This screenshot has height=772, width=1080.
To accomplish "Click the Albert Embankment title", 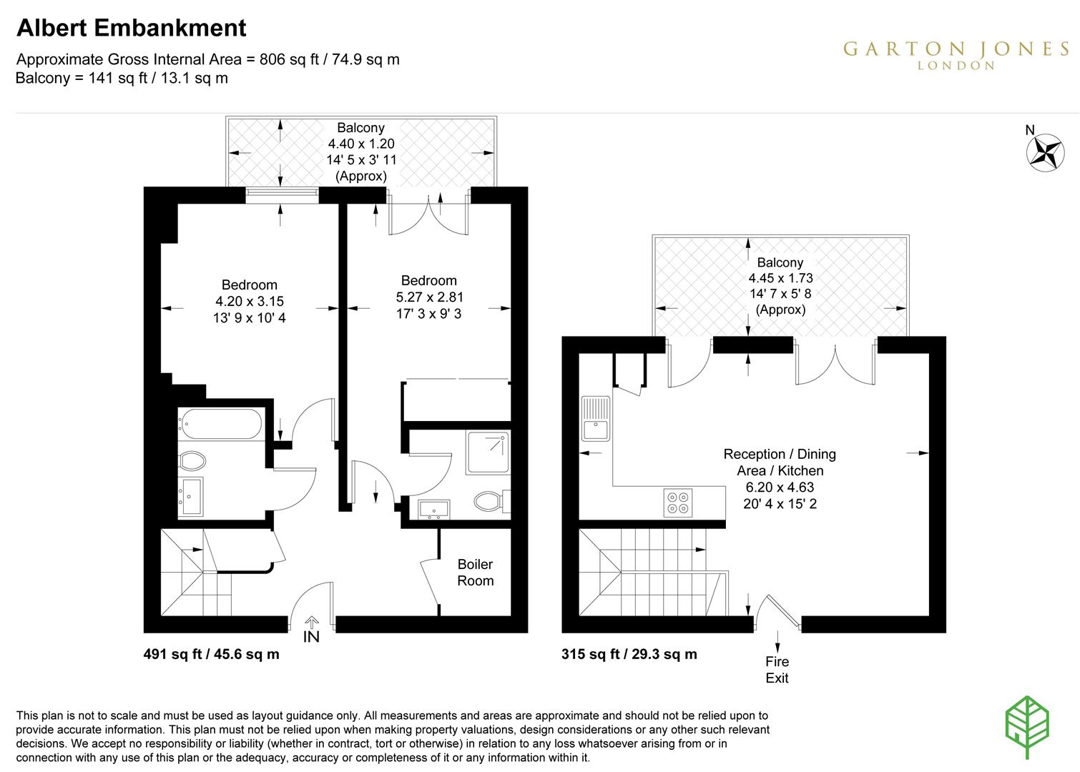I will (x=131, y=28).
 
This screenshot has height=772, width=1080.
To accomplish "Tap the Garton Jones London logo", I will (x=956, y=54).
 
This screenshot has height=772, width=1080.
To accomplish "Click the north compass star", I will (x=1044, y=152).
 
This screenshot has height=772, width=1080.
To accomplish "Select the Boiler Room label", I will (x=476, y=573).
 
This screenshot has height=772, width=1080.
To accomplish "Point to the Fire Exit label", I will (x=777, y=670).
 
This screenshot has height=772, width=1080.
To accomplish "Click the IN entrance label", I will (x=312, y=635).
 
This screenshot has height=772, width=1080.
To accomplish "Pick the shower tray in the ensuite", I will (x=488, y=452).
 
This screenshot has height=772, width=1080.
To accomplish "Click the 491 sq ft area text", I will (x=212, y=654).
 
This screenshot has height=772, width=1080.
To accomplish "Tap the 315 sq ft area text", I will (x=629, y=654).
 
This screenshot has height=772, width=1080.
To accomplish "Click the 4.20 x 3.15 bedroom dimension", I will (x=249, y=302).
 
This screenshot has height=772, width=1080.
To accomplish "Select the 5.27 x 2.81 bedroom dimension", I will (x=428, y=297).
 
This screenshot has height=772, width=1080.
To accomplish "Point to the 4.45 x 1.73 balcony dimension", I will (x=780, y=279).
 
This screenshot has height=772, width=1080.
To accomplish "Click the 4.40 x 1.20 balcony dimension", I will (x=361, y=144).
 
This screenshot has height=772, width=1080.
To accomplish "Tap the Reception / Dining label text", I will (x=780, y=454).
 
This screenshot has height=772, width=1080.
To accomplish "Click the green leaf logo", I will (x=1027, y=726).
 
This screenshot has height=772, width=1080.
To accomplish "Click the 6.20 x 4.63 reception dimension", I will (x=780, y=488).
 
